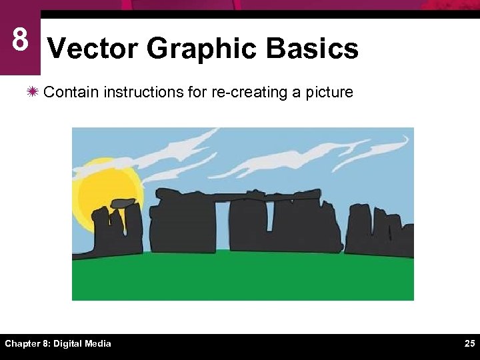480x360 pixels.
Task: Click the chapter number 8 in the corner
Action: pyautogui.click(x=20, y=40)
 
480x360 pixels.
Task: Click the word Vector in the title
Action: pyautogui.click(x=93, y=49)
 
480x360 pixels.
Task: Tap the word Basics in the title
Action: pyautogui.click(x=312, y=49)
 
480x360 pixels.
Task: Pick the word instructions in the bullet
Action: pyautogui.click(x=143, y=92)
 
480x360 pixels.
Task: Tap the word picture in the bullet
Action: pyautogui.click(x=328, y=92)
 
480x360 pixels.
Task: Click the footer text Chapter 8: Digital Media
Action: pyautogui.click(x=58, y=344)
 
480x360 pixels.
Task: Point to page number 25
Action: pyautogui.click(x=469, y=344)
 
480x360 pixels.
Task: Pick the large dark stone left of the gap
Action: pyautogui.click(x=181, y=223)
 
